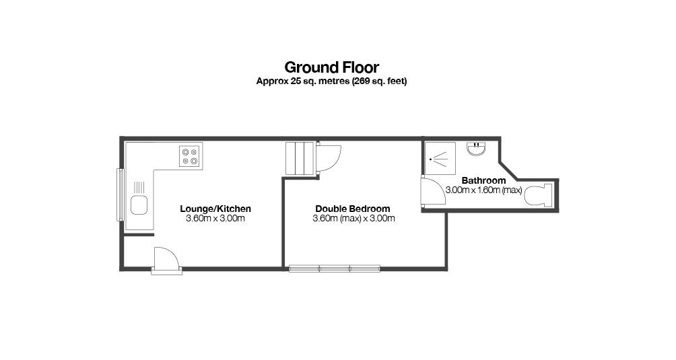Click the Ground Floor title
click(331, 67)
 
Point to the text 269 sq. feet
click(379, 81)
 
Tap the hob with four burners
click(190, 156)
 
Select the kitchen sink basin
click(139, 205)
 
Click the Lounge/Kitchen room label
click(215, 209)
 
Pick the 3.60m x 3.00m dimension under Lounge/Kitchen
click(215, 218)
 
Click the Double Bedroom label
click(353, 209)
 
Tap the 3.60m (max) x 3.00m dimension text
click(353, 218)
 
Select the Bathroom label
click(483, 180)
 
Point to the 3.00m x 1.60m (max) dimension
click(483, 190)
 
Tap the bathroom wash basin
click(477, 149)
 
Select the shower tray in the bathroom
click(440, 158)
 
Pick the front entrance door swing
click(166, 258)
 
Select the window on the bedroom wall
click(335, 268)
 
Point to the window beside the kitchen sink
click(121, 194)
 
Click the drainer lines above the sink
click(139, 187)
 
